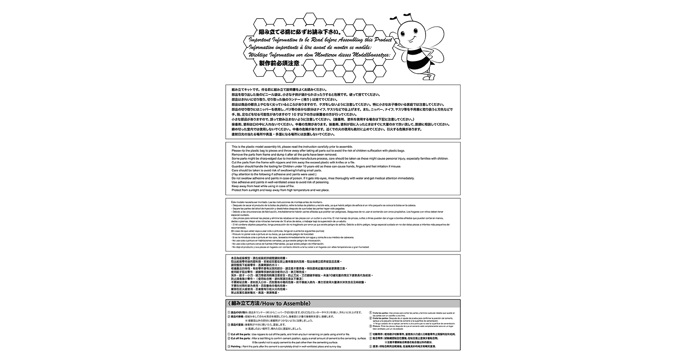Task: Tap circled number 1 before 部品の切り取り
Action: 229,312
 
